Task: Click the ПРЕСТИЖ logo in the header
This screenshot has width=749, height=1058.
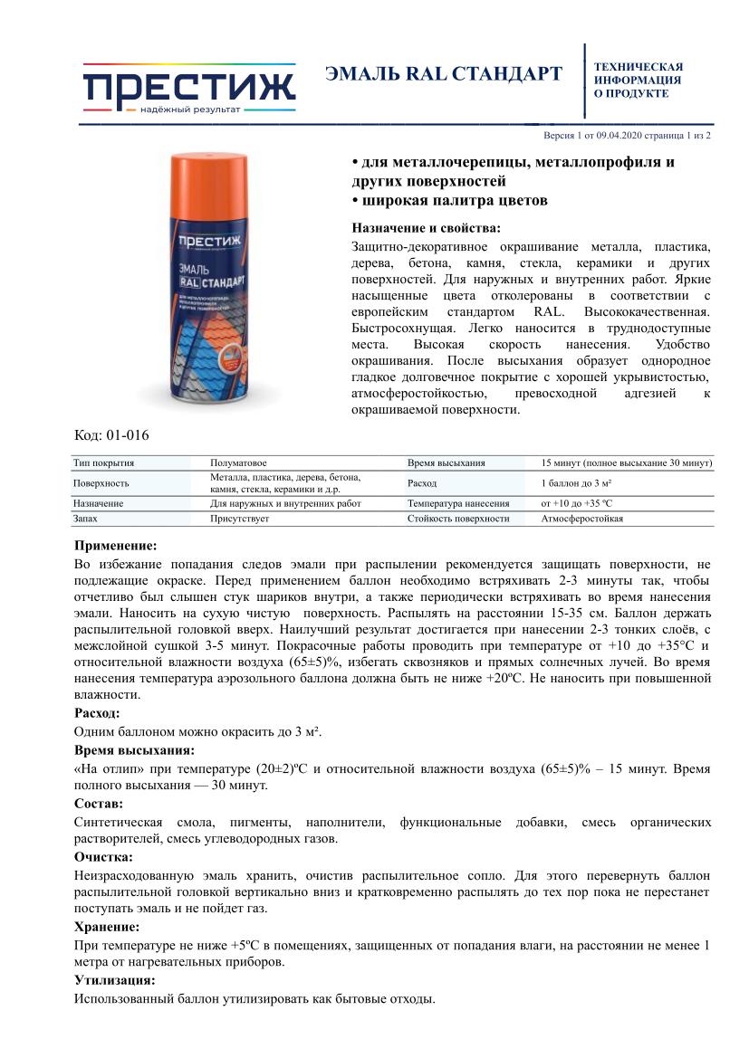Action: pyautogui.click(x=189, y=87)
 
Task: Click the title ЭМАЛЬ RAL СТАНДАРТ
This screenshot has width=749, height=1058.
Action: pyautogui.click(x=444, y=74)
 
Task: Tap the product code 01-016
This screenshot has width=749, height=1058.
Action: pyautogui.click(x=126, y=435)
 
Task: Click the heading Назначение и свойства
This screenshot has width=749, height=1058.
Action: pyautogui.click(x=425, y=227)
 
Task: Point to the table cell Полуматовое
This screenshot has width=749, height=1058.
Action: pyautogui.click(x=238, y=462)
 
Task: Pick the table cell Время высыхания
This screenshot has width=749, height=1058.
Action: pyautogui.click(x=447, y=462)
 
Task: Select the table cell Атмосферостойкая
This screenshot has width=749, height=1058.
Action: pyautogui.click(x=581, y=519)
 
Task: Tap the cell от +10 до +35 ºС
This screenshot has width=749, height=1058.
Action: pyautogui.click(x=577, y=503)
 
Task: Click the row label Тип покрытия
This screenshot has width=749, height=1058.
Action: pyautogui.click(x=103, y=462)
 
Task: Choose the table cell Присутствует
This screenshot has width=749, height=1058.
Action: pyautogui.click(x=237, y=519)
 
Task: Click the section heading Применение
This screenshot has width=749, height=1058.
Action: pyautogui.click(x=115, y=546)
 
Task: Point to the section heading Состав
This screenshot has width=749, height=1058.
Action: pyautogui.click(x=99, y=803)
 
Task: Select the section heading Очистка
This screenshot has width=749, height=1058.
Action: pyautogui.click(x=103, y=856)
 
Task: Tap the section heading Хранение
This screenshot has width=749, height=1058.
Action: pyautogui.click(x=106, y=927)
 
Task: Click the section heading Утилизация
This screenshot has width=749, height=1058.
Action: pyautogui.click(x=113, y=980)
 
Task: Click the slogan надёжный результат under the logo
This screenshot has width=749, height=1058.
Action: pyautogui.click(x=190, y=110)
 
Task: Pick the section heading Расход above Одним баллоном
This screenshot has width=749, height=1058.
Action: pyautogui.click(x=97, y=713)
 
